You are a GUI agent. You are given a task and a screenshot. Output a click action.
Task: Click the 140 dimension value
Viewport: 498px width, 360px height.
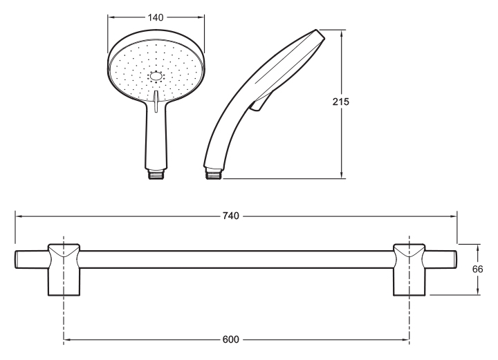click(156, 17)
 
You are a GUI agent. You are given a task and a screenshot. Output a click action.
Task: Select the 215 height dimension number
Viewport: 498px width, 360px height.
click(341, 102)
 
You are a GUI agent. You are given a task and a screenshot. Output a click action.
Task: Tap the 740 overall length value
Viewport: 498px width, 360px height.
click(230, 216)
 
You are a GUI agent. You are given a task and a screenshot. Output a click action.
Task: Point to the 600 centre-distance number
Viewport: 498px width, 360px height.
click(230, 339)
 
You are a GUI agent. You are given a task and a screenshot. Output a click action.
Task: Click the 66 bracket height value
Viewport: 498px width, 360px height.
click(477, 269)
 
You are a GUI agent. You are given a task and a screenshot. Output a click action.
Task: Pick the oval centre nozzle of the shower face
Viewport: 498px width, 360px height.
click(156, 77)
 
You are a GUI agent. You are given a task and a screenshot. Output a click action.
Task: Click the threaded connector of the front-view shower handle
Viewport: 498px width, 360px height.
click(156, 174)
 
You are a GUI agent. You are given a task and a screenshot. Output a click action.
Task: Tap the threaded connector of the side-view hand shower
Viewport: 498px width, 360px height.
click(214, 174)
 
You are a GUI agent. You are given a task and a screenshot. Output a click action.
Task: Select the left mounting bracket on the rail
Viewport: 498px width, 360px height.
click(64, 269)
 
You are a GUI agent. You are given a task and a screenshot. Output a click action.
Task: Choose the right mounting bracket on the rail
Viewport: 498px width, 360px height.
click(409, 269)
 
